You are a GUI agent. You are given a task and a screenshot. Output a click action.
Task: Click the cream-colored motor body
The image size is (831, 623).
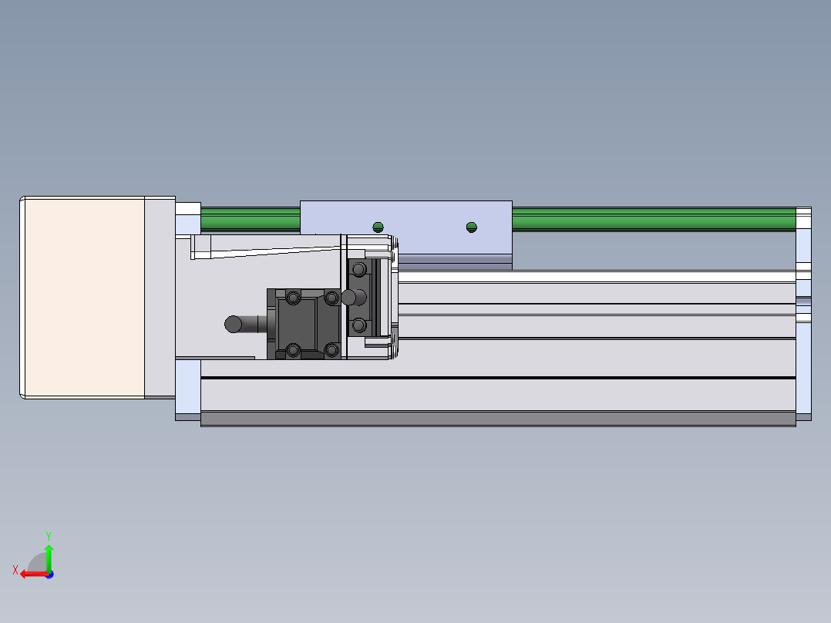[85, 298]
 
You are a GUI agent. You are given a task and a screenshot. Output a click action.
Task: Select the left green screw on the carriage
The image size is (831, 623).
[378, 227]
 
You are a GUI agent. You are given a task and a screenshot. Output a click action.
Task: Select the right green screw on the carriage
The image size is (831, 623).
[472, 227]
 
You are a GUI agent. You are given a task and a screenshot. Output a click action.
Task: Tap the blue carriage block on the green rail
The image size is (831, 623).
[406, 227]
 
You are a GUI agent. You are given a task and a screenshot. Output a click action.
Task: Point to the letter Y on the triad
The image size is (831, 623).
[49, 537]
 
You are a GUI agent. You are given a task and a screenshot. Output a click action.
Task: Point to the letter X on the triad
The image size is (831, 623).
[15, 570]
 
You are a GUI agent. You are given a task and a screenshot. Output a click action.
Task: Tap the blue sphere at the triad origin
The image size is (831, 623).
[50, 574]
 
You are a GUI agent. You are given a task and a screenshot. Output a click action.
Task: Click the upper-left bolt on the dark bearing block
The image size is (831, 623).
[293, 298]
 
